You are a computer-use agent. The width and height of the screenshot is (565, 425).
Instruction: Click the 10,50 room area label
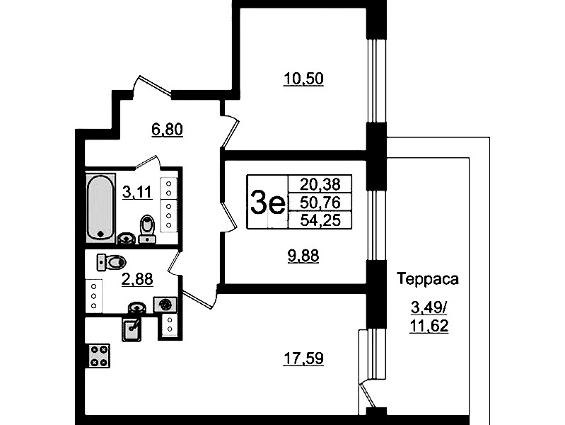(303, 79)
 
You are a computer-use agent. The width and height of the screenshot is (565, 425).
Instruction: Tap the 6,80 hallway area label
(167, 129)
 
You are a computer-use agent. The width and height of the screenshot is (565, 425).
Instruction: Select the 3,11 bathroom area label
(137, 192)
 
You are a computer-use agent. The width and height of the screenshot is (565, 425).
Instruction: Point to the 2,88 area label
(137, 279)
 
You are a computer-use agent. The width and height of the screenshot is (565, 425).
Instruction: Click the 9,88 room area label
(303, 256)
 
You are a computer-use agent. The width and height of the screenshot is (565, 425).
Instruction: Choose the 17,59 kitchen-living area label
(303, 358)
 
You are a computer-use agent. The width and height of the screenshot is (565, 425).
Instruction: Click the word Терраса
(428, 279)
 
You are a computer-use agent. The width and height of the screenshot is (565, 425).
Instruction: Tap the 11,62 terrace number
(429, 326)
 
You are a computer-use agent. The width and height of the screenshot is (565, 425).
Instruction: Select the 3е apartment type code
(267, 203)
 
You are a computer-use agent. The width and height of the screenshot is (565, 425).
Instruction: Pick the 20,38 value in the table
(320, 184)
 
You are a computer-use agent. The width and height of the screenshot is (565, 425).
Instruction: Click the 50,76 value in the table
(320, 203)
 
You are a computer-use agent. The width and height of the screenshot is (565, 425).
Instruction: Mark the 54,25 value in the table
(320, 220)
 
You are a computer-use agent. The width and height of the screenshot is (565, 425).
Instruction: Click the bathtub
(100, 208)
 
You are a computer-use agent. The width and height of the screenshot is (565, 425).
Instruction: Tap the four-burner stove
(99, 356)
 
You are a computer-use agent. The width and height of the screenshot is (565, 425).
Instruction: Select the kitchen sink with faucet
(132, 329)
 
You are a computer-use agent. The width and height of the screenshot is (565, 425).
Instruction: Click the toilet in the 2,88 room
(111, 262)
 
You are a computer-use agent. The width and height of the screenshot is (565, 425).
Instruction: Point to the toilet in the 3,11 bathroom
(146, 229)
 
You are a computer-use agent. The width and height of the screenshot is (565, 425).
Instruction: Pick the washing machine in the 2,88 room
(165, 305)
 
